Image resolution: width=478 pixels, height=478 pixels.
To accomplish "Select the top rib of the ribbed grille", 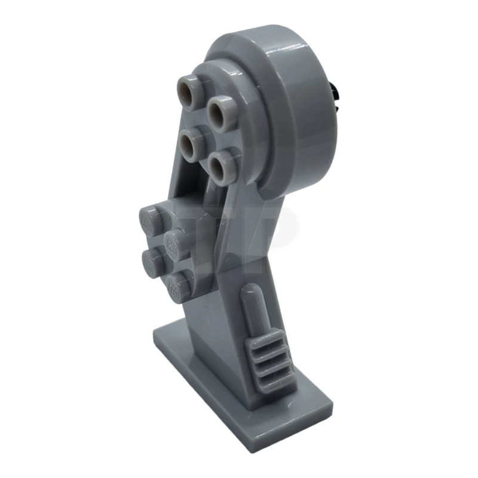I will point(263,346).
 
